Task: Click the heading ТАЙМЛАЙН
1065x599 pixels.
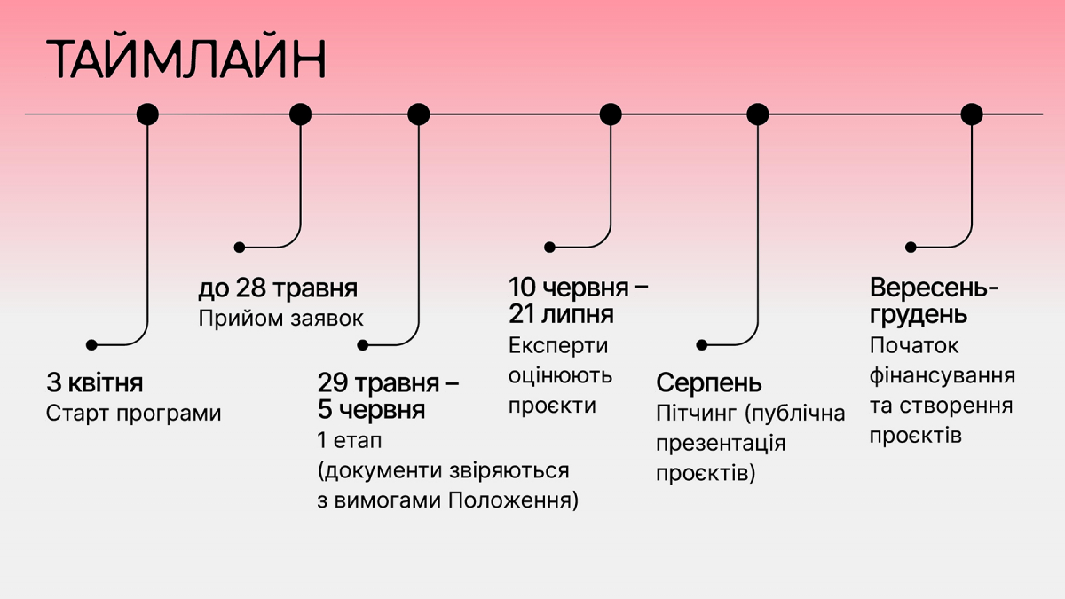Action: pyautogui.click(x=186, y=60)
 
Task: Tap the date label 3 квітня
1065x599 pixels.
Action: pyautogui.click(x=95, y=384)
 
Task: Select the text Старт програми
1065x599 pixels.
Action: pyautogui.click(x=133, y=414)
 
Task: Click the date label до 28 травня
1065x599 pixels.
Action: pyautogui.click(x=278, y=288)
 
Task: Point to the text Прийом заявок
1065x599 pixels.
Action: pyautogui.click(x=281, y=319)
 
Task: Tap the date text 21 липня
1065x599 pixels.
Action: pyautogui.click(x=561, y=315)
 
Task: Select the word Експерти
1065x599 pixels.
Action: pyautogui.click(x=558, y=345)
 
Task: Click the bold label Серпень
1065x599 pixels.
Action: pyautogui.click(x=709, y=383)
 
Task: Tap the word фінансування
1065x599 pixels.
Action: pyautogui.click(x=943, y=375)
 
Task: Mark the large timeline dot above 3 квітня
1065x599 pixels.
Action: pyautogui.click(x=147, y=114)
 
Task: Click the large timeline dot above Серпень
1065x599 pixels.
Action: pyautogui.click(x=757, y=114)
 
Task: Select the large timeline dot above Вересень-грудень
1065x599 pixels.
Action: pyautogui.click(x=972, y=114)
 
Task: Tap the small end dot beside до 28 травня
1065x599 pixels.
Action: pyautogui.click(x=239, y=248)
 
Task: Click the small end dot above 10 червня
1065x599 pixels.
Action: pyautogui.click(x=549, y=248)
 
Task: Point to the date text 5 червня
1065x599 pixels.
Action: pyautogui.click(x=371, y=411)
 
